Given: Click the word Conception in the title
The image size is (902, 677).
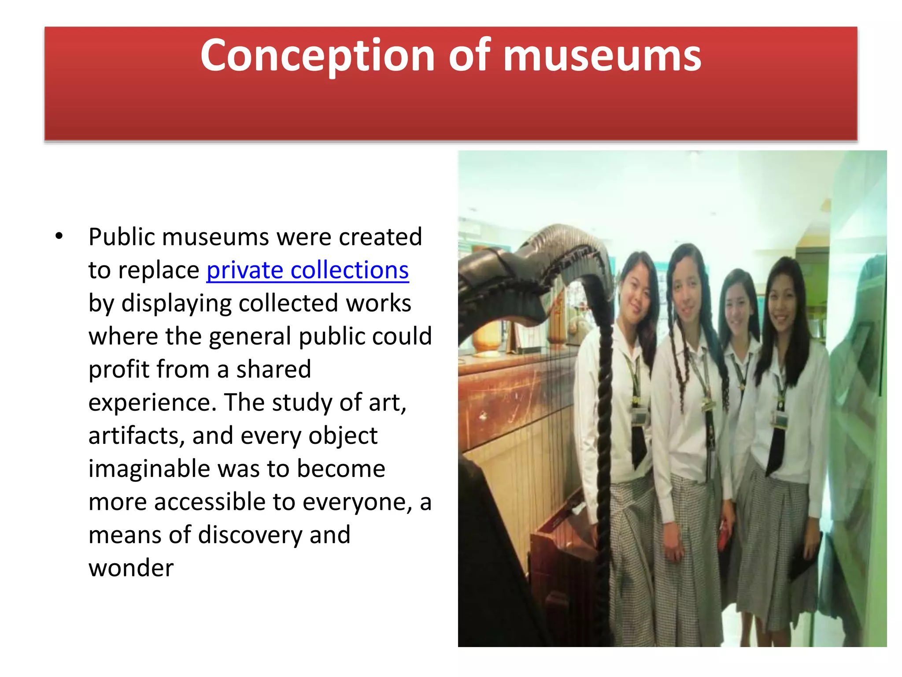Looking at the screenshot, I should (x=317, y=56).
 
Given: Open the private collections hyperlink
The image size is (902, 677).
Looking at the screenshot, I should (x=307, y=270).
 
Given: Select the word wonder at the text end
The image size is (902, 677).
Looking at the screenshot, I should (x=131, y=568).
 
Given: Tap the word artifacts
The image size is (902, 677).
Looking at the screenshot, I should (x=136, y=435).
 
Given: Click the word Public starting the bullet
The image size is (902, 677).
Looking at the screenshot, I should (x=122, y=237).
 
